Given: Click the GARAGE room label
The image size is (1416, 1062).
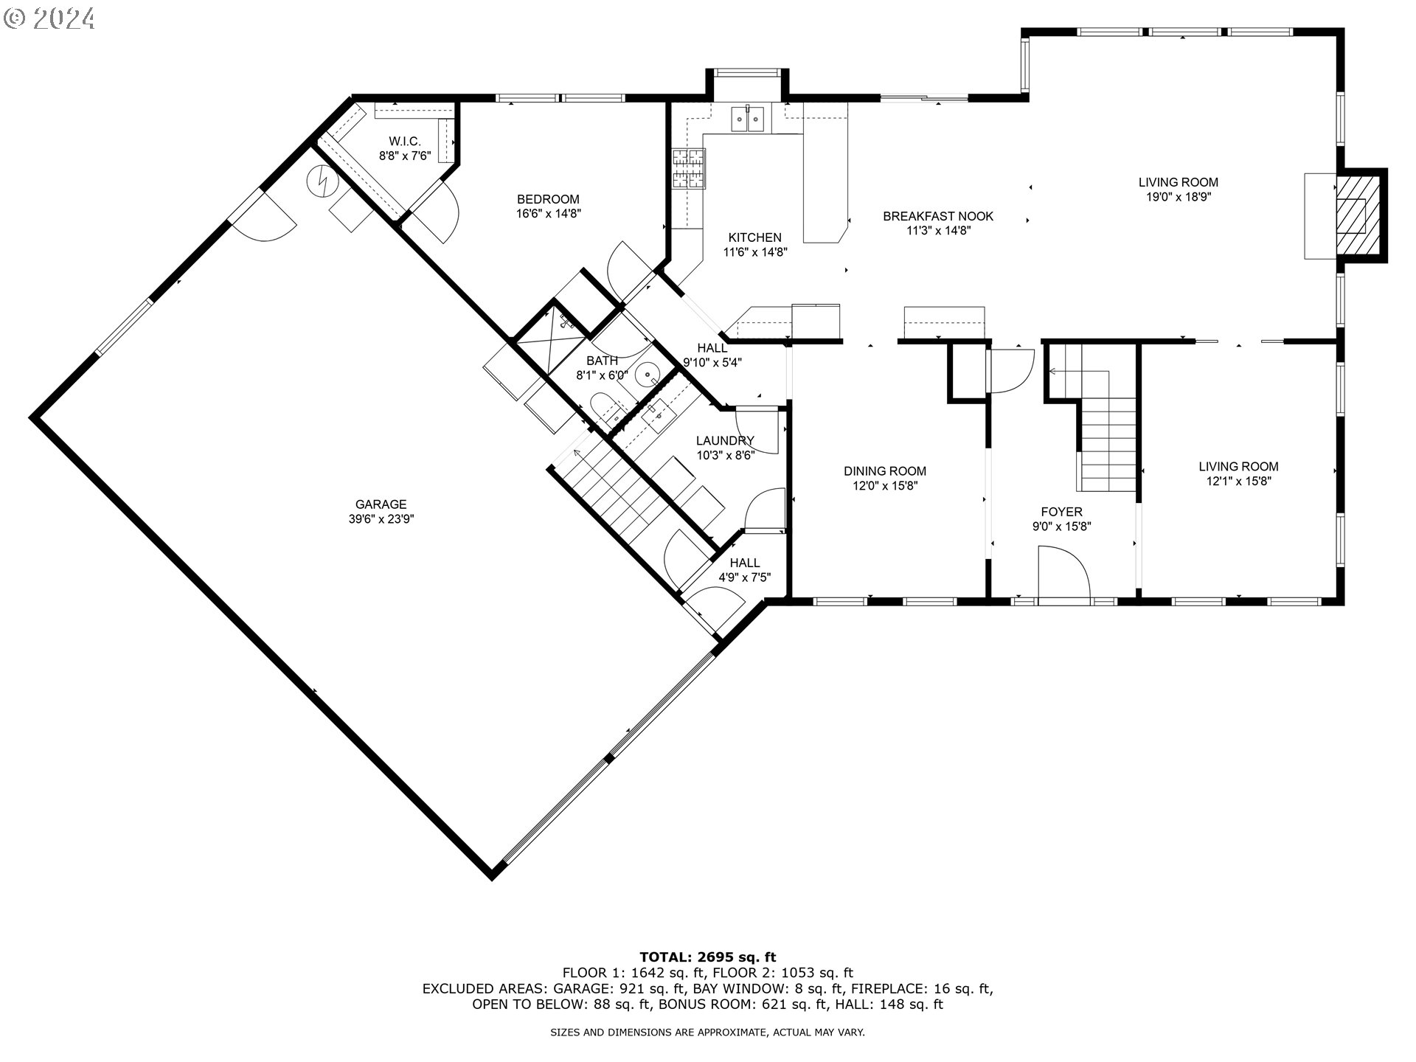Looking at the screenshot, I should point(381,504).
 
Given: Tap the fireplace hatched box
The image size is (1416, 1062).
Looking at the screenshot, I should point(1352,215).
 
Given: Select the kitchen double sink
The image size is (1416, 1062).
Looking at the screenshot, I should point(747,119).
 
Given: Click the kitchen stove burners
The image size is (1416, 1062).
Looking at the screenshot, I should point(688,168).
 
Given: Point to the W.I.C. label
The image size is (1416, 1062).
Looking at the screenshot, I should point(405,141).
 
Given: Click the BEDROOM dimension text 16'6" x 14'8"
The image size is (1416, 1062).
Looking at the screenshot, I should point(548,214).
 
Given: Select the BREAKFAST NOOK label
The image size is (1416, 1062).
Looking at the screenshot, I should point(938,216).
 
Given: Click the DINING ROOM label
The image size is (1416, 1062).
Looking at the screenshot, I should point(885,471).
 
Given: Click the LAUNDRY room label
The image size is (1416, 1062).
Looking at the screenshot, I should point(725,441).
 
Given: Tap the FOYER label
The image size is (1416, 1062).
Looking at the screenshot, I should point(1061,512).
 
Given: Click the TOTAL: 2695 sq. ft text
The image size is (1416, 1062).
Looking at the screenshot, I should point(707,958).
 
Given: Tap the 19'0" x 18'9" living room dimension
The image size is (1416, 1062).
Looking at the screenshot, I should point(1178,197).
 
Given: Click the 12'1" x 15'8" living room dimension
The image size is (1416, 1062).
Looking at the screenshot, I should point(1238,481).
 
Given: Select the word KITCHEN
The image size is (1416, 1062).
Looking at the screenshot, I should point(754,237).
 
